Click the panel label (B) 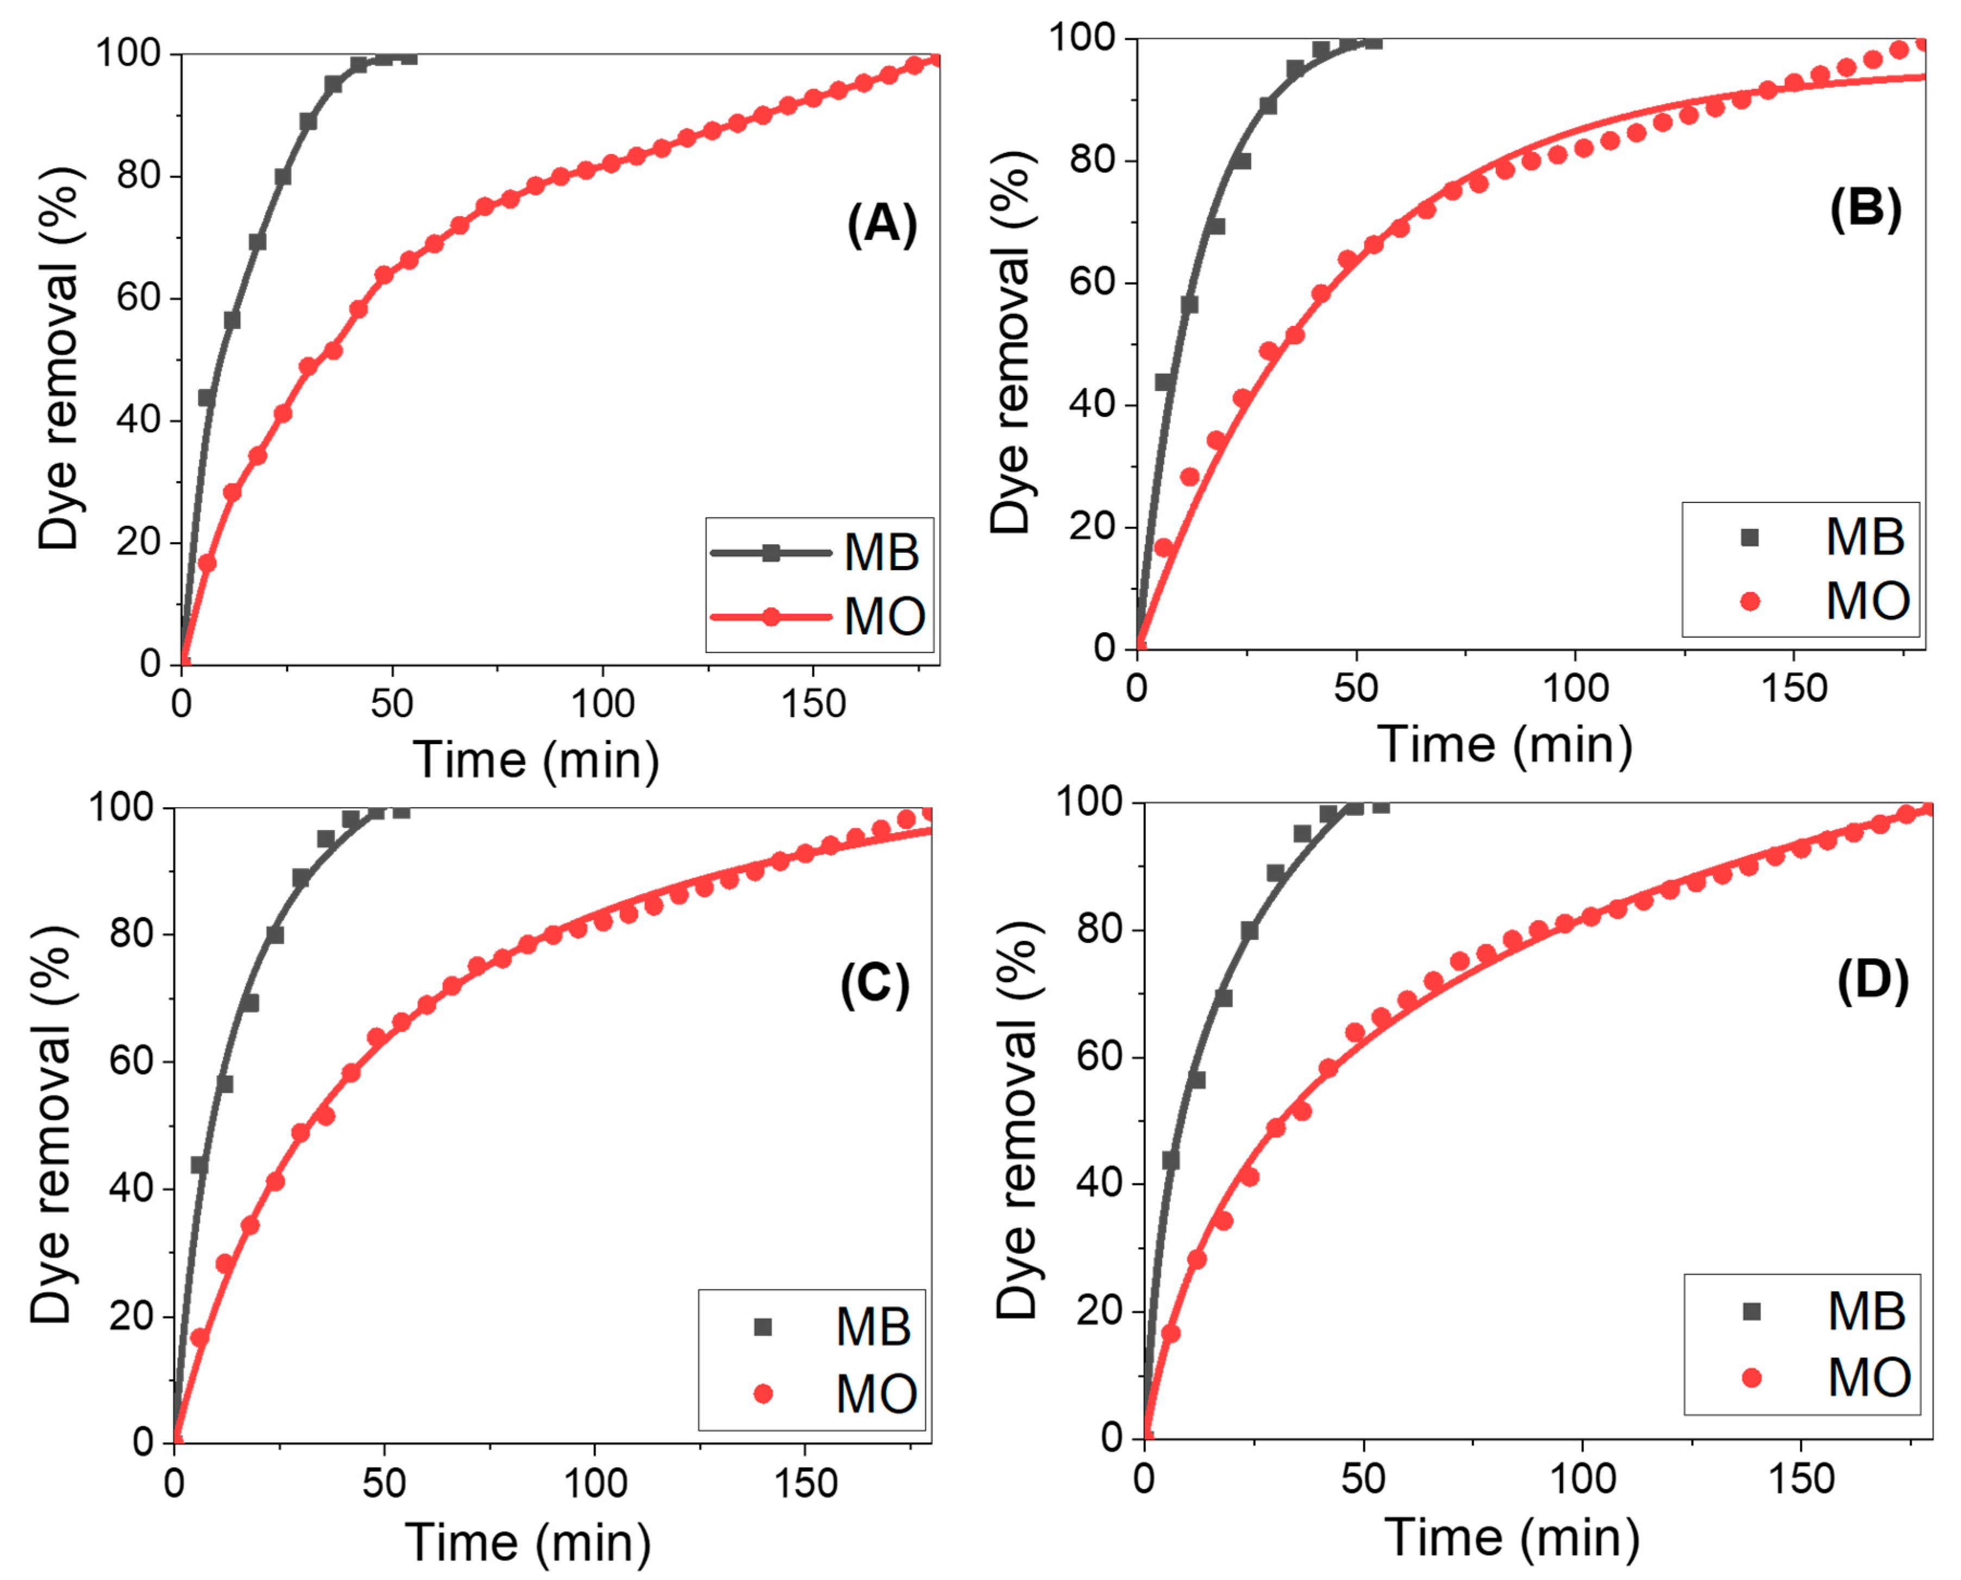coord(1865,209)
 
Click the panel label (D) coord(1872,980)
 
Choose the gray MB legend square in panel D coord(1751,1312)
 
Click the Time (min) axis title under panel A coord(536,760)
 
